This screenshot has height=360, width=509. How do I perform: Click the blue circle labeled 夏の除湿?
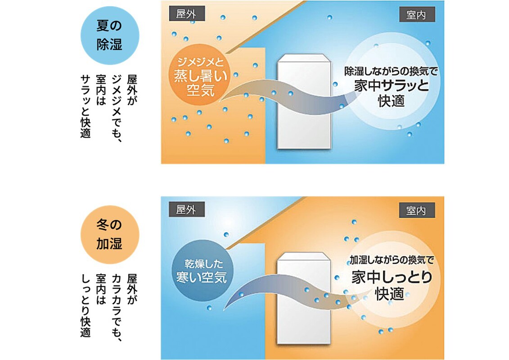[110, 35]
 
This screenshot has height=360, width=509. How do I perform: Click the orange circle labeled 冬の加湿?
[110, 234]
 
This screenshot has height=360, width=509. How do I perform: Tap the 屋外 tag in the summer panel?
[187, 14]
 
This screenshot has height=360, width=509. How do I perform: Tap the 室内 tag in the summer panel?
[417, 15]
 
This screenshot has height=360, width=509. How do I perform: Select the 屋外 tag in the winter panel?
[187, 209]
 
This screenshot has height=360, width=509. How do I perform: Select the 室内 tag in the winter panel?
[417, 211]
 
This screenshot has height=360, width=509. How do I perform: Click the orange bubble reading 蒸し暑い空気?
[200, 75]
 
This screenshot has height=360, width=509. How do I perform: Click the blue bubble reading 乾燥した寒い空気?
[202, 271]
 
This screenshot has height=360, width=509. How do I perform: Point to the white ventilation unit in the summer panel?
[304, 102]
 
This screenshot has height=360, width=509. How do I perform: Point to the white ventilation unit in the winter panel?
[304, 298]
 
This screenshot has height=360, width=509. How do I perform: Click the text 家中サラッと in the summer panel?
[391, 85]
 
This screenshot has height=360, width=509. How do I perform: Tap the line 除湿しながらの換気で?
[391, 72]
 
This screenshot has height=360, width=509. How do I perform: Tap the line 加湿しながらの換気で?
[392, 260]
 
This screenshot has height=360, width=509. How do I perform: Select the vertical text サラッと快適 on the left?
[86, 107]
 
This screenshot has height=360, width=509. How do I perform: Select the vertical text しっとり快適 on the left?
[86, 306]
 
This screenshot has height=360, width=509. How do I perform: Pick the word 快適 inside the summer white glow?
[391, 101]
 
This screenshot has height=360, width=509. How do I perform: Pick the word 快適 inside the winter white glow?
[390, 294]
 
